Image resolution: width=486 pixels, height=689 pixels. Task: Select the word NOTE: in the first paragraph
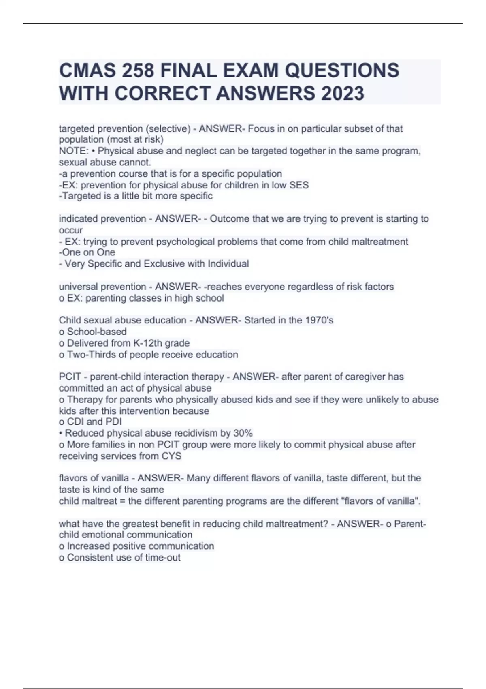[x=73, y=151]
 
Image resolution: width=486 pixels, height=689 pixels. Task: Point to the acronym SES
[x=299, y=185]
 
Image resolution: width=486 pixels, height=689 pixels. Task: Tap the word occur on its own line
[x=71, y=230]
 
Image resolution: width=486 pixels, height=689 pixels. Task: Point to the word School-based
[x=97, y=332]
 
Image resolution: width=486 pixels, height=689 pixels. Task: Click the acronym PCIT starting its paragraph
[x=70, y=377]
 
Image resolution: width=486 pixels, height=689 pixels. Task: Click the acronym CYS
[x=171, y=456]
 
